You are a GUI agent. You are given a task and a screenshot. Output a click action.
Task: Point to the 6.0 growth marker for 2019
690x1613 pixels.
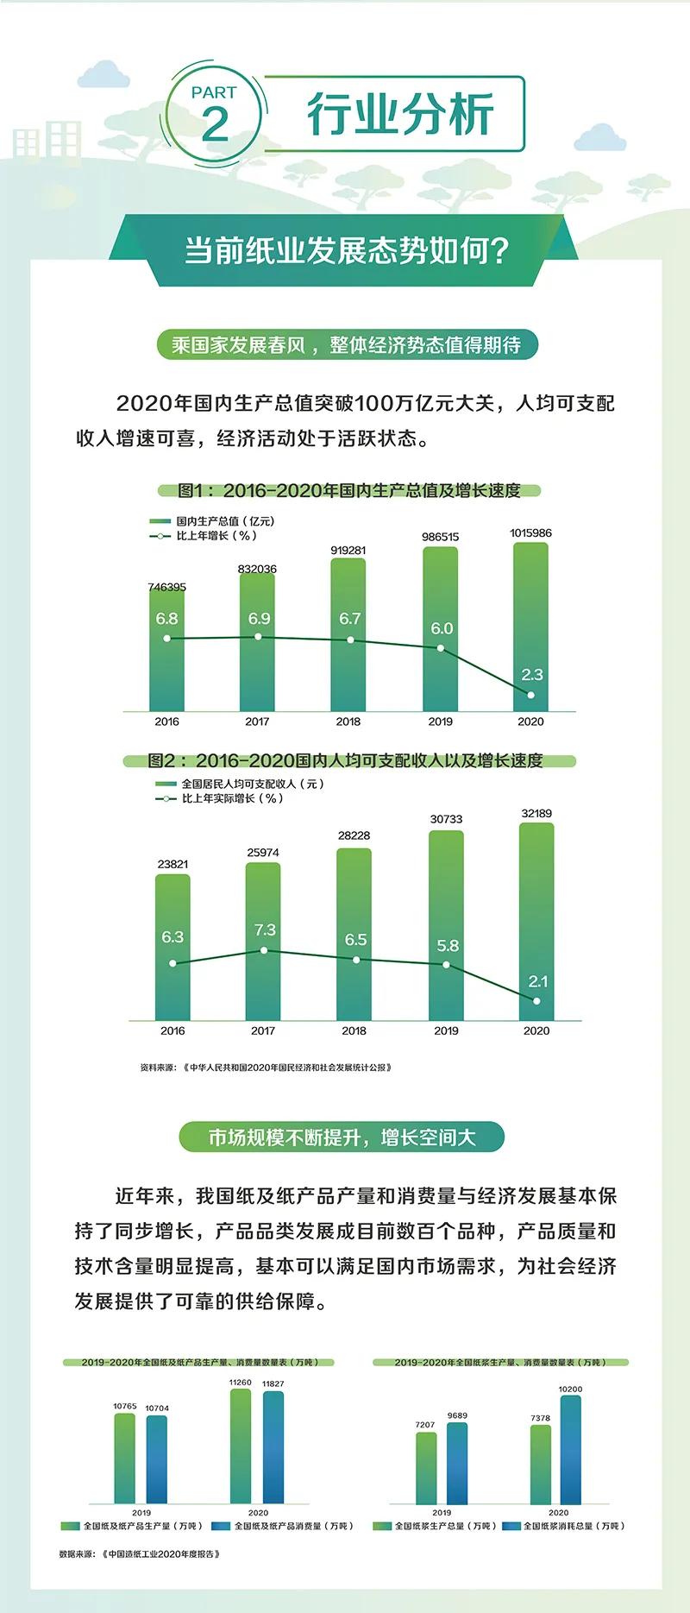tap(441, 647)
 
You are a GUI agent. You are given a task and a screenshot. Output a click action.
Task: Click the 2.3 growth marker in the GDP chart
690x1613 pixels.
tap(530, 695)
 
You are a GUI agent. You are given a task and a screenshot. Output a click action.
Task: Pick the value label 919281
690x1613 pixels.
tap(348, 551)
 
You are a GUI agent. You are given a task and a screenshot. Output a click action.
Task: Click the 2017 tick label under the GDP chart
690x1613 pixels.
tap(257, 721)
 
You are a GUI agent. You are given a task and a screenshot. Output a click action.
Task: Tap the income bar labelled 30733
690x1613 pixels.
tap(446, 923)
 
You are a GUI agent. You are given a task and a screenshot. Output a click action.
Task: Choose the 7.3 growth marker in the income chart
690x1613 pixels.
tap(264, 950)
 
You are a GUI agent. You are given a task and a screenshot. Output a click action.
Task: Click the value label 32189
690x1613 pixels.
tap(536, 813)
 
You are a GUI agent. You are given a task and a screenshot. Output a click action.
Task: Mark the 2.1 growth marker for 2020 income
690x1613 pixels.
tap(536, 1001)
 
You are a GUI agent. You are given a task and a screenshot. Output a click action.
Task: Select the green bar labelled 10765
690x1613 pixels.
tap(125, 1459)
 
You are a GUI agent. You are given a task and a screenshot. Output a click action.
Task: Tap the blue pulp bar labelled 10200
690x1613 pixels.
tap(570, 1450)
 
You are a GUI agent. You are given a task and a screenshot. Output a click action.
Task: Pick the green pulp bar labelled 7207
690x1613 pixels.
tap(426, 1468)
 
